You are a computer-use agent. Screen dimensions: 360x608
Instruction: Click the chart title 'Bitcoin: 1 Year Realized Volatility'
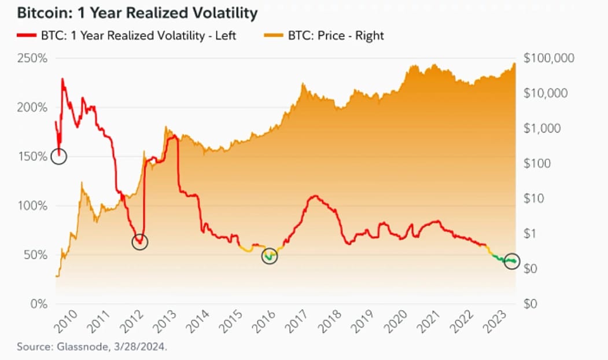(130, 12)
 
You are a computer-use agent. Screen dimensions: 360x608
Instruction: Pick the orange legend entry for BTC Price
(336, 35)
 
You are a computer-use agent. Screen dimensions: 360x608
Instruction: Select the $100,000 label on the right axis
(548, 58)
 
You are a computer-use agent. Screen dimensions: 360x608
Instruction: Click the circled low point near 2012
(139, 242)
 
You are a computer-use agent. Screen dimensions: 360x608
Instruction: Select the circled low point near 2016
(270, 256)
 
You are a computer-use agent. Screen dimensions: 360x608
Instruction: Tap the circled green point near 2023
(513, 261)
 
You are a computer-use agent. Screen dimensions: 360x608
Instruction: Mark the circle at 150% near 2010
(59, 156)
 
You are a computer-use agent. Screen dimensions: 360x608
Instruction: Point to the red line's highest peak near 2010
(62, 79)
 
